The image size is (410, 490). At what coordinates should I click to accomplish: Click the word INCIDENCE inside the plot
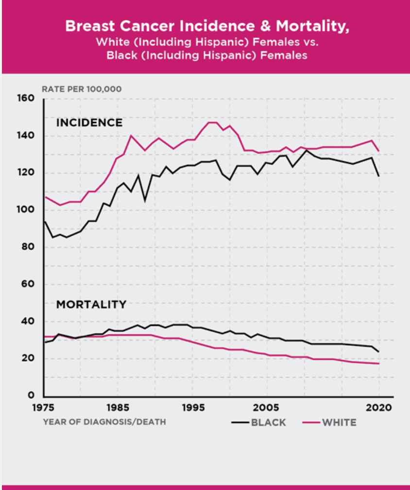pyautogui.click(x=89, y=122)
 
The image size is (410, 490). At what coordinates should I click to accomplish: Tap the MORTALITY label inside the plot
pyautogui.click(x=91, y=304)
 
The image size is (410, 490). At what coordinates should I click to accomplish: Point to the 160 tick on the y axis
pyautogui.click(x=26, y=98)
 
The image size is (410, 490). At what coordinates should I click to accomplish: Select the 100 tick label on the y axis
pyautogui.click(x=26, y=210)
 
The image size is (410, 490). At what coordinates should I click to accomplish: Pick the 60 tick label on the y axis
pyautogui.click(x=28, y=284)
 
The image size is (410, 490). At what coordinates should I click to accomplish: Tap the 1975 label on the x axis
pyautogui.click(x=43, y=407)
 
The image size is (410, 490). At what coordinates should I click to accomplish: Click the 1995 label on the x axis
pyautogui.click(x=193, y=407)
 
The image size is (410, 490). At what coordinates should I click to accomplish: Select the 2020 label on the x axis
pyautogui.click(x=379, y=407)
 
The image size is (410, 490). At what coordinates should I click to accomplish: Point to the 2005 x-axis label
pyautogui.click(x=266, y=407)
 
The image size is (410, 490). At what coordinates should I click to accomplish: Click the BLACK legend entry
pyautogui.click(x=259, y=422)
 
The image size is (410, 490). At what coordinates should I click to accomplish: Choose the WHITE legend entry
pyautogui.click(x=329, y=422)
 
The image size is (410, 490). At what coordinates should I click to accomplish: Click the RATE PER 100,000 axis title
pyautogui.click(x=82, y=89)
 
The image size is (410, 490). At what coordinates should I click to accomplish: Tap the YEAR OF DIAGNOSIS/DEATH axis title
pyautogui.click(x=104, y=422)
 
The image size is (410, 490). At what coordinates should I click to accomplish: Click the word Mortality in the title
pyautogui.click(x=312, y=26)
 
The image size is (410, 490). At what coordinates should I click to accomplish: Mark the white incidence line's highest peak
pyautogui.click(x=212, y=122)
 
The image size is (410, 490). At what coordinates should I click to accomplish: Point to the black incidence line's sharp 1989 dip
pyautogui.click(x=145, y=200)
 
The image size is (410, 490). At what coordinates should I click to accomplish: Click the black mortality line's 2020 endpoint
pyautogui.click(x=379, y=352)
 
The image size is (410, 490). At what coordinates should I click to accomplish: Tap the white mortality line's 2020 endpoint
pyautogui.click(x=379, y=364)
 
